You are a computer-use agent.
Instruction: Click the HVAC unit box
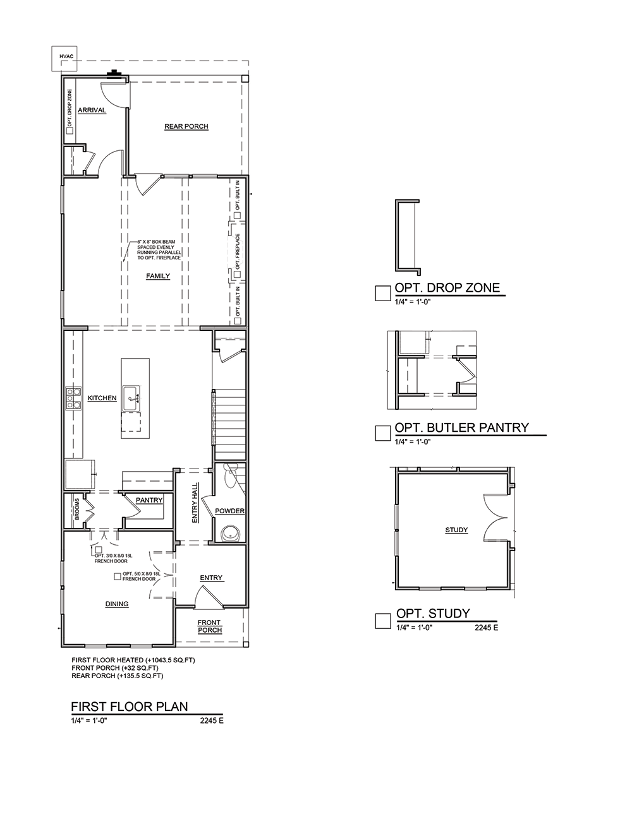tap(64, 59)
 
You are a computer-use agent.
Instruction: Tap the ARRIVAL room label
tap(92, 110)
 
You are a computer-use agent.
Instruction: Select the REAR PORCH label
tap(186, 126)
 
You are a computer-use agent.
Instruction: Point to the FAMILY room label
tap(158, 276)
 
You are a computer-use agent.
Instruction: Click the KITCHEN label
tap(102, 398)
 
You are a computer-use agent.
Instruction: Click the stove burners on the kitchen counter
tap(73, 398)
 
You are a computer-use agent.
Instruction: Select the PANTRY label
tap(149, 500)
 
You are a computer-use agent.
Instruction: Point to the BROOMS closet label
tap(77, 509)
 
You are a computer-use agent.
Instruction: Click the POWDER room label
tap(230, 511)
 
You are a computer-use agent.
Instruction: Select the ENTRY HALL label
tap(195, 503)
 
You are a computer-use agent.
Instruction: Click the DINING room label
tap(117, 604)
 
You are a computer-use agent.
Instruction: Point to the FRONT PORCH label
tap(210, 626)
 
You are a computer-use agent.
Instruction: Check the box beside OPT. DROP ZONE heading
tap(382, 293)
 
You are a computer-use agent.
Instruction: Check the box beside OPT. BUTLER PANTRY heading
tap(382, 433)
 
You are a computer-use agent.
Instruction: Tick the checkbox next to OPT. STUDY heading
tap(382, 621)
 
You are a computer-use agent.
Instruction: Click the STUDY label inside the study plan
tap(456, 530)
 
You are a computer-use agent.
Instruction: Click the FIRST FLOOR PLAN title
tap(130, 707)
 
